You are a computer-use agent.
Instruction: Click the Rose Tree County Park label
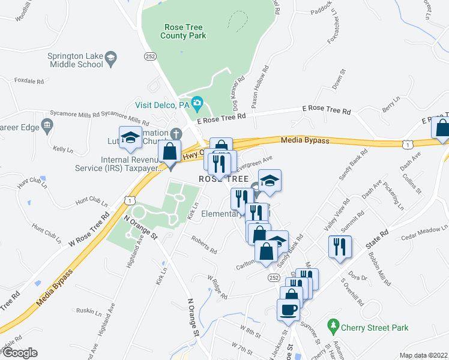183,31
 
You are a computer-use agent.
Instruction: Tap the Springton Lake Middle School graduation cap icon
110,58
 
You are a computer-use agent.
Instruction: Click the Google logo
19,353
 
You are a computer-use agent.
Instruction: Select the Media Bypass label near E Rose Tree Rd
305,140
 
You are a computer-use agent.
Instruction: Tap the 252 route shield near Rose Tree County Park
150,55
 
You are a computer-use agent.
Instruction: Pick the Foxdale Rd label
30,80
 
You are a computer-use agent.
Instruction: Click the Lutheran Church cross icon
175,133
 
